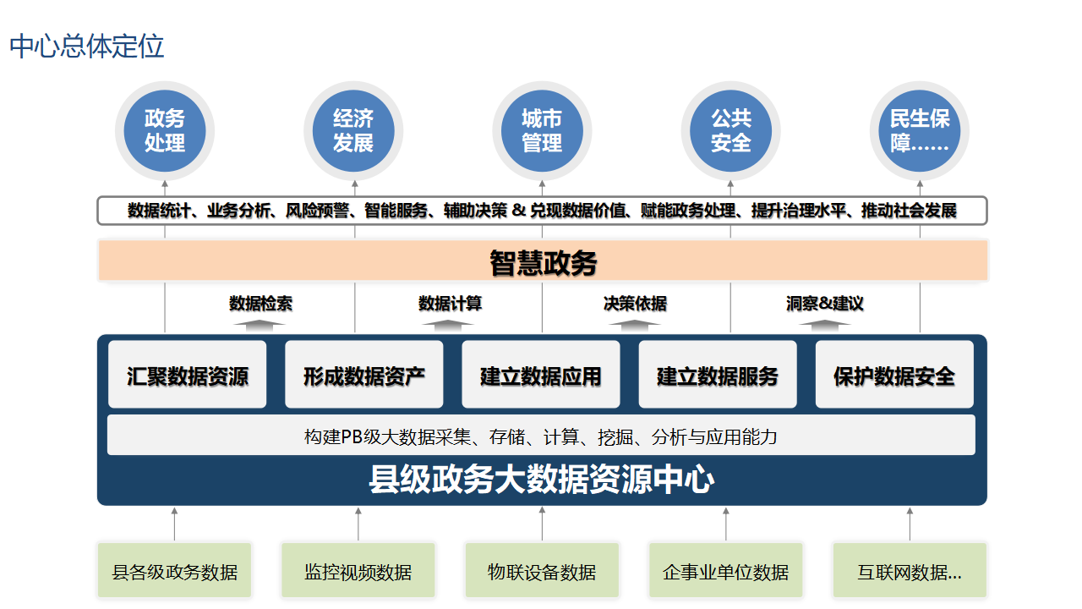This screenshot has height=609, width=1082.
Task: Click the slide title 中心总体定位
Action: tap(87, 47)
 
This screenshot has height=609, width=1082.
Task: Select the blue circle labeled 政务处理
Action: tap(165, 131)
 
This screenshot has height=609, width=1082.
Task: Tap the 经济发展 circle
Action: tap(353, 131)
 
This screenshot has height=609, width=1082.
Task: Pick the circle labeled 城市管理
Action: tap(542, 131)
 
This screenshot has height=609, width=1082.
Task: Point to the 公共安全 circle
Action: tap(730, 131)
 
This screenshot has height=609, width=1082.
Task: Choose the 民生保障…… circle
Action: tap(920, 131)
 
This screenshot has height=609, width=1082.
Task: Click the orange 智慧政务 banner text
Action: tap(543, 262)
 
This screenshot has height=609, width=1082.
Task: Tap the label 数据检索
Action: tap(260, 303)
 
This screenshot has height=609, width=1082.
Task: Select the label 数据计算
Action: tap(450, 303)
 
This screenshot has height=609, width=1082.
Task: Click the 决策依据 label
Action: tap(635, 303)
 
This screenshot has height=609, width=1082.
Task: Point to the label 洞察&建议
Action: tap(825, 303)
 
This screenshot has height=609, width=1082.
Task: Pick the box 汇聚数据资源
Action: tap(188, 376)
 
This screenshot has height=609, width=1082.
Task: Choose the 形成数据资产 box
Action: tap(364, 376)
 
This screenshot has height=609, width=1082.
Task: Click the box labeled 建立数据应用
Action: tap(541, 376)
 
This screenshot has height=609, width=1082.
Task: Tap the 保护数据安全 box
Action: tap(894, 376)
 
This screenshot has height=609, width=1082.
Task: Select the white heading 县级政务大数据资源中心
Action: tap(542, 480)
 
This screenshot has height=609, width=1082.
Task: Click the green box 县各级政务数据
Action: tap(175, 572)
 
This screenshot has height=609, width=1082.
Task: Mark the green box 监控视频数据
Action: tap(358, 572)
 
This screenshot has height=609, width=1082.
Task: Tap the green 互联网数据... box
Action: tap(910, 572)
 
